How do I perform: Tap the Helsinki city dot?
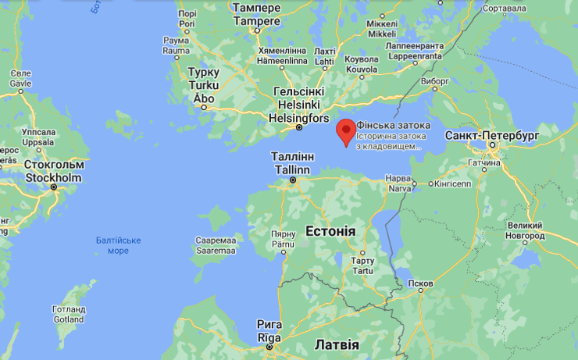(x=298, y=127)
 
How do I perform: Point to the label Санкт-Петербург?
(x=492, y=135)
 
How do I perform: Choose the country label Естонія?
(x=330, y=232)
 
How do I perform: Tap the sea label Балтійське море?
(x=118, y=245)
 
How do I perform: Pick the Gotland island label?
(x=69, y=319)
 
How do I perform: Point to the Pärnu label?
(x=283, y=244)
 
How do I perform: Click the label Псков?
(x=420, y=283)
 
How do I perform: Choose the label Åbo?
(x=204, y=98)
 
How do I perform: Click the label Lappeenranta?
(x=414, y=56)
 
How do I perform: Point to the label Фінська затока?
(x=388, y=126)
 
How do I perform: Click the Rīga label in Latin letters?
(x=269, y=337)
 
